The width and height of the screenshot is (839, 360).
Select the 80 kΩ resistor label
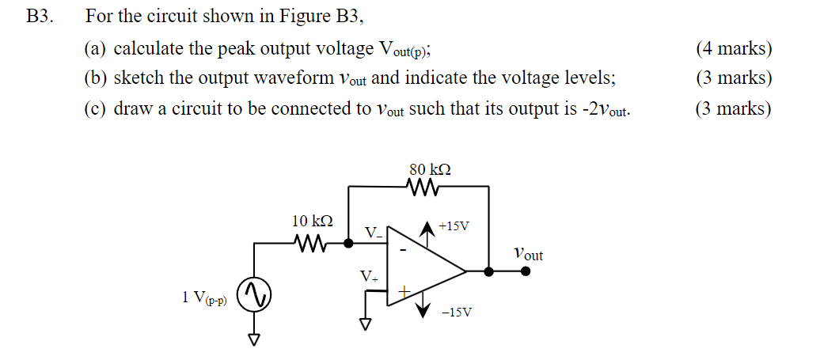(431, 169)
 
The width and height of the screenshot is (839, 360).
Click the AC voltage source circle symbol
(255, 296)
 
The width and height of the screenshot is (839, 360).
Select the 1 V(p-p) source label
(204, 298)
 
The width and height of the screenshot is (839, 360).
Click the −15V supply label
(456, 313)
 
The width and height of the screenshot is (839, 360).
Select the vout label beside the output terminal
(528, 255)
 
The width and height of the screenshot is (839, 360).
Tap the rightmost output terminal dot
(526, 271)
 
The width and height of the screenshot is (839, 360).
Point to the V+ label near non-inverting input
(369, 277)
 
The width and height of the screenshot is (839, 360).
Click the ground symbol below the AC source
(255, 339)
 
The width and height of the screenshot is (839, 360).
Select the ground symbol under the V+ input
(366, 324)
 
